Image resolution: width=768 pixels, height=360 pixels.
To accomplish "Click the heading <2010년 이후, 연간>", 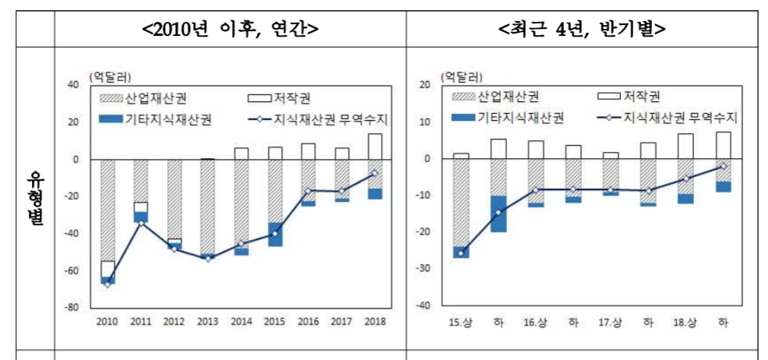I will pyautogui.click(x=230, y=30).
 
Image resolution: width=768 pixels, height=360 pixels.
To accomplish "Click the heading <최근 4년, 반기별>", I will pyautogui.click(x=582, y=30).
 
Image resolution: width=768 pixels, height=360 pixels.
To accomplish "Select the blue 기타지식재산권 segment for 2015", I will pyautogui.click(x=276, y=235).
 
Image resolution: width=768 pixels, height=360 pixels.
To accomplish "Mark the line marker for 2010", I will pyautogui.click(x=107, y=284).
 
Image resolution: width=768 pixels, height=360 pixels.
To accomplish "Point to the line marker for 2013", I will pyautogui.click(x=208, y=259).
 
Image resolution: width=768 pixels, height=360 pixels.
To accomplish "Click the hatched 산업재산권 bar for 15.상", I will pyautogui.click(x=462, y=203).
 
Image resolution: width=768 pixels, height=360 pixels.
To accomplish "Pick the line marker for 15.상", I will pyautogui.click(x=462, y=253).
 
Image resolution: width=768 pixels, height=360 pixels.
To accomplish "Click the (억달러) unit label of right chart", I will pyautogui.click(x=460, y=76).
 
